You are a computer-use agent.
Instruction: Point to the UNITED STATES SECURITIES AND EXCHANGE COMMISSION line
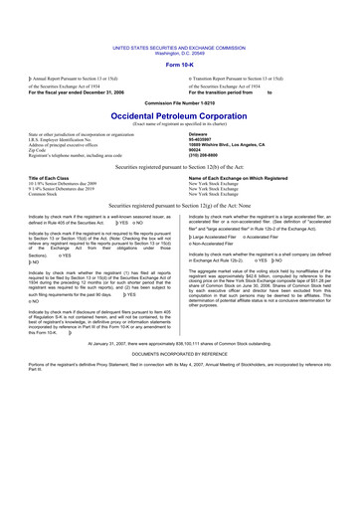(179, 47)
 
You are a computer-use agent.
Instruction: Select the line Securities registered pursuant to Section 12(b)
(179, 168)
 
